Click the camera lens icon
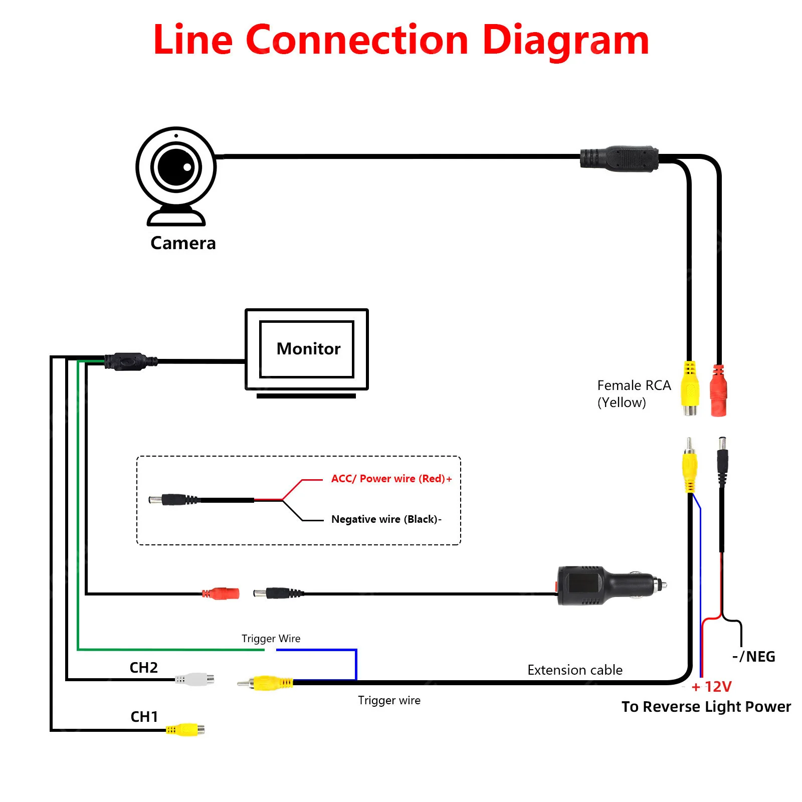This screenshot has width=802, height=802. tap(176, 167)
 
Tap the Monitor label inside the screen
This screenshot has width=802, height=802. tap(308, 348)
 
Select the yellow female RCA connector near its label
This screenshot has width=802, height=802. tap(690, 388)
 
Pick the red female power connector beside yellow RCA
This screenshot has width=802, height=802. tap(718, 391)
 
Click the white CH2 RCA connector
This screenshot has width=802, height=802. tap(195, 680)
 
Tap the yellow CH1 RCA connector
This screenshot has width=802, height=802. tap(185, 729)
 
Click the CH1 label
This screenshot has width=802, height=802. tap(144, 717)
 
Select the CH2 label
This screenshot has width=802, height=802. tap(144, 668)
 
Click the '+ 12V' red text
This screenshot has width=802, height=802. tap(712, 687)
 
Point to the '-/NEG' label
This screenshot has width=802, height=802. tap(754, 657)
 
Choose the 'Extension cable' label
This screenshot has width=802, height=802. tap(575, 670)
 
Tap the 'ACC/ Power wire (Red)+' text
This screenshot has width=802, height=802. tap(391, 479)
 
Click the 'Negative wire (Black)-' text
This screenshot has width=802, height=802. tap(386, 519)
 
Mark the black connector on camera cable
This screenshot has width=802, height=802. tap(619, 158)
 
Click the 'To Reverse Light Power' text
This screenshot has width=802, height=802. tap(706, 707)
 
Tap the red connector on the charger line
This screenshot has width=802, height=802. tap(221, 594)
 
